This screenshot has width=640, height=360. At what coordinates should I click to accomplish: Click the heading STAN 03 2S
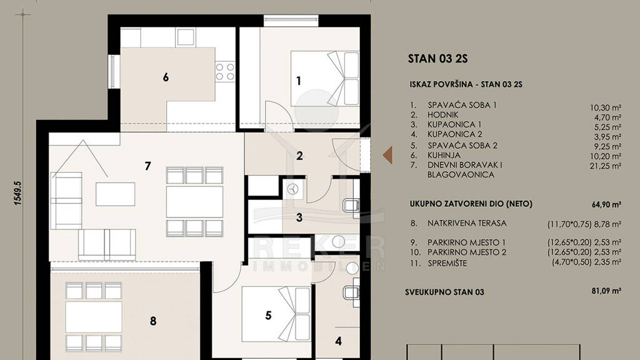(x=437, y=59)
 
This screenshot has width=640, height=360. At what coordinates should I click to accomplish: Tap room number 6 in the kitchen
(x=166, y=77)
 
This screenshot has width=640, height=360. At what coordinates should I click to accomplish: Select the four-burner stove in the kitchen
(x=225, y=72)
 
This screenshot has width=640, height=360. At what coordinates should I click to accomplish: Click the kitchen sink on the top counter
(x=185, y=37)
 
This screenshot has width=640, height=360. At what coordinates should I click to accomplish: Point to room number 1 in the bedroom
(x=299, y=81)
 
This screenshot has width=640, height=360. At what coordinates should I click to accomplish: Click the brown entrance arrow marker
(x=388, y=155)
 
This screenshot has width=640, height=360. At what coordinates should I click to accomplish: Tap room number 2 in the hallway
(x=299, y=156)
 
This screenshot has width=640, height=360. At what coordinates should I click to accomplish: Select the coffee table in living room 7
(x=116, y=194)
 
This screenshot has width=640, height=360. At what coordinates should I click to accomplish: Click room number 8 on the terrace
(x=153, y=321)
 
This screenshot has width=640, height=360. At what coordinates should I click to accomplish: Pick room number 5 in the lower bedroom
(x=268, y=315)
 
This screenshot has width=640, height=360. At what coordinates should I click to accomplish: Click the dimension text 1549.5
(x=17, y=192)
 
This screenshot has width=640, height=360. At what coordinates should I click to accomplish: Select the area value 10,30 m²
(x=605, y=107)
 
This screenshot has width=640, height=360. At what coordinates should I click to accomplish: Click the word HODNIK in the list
(x=443, y=115)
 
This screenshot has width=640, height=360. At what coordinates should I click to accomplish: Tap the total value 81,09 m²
(x=606, y=291)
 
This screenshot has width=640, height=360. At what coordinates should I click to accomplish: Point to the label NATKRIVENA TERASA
(x=467, y=223)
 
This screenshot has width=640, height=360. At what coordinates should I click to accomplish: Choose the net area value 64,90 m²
(x=606, y=204)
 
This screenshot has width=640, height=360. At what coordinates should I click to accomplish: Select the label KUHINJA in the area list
(x=444, y=155)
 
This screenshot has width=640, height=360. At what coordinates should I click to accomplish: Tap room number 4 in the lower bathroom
(x=338, y=341)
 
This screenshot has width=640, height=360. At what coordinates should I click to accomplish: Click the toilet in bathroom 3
(x=351, y=205)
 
